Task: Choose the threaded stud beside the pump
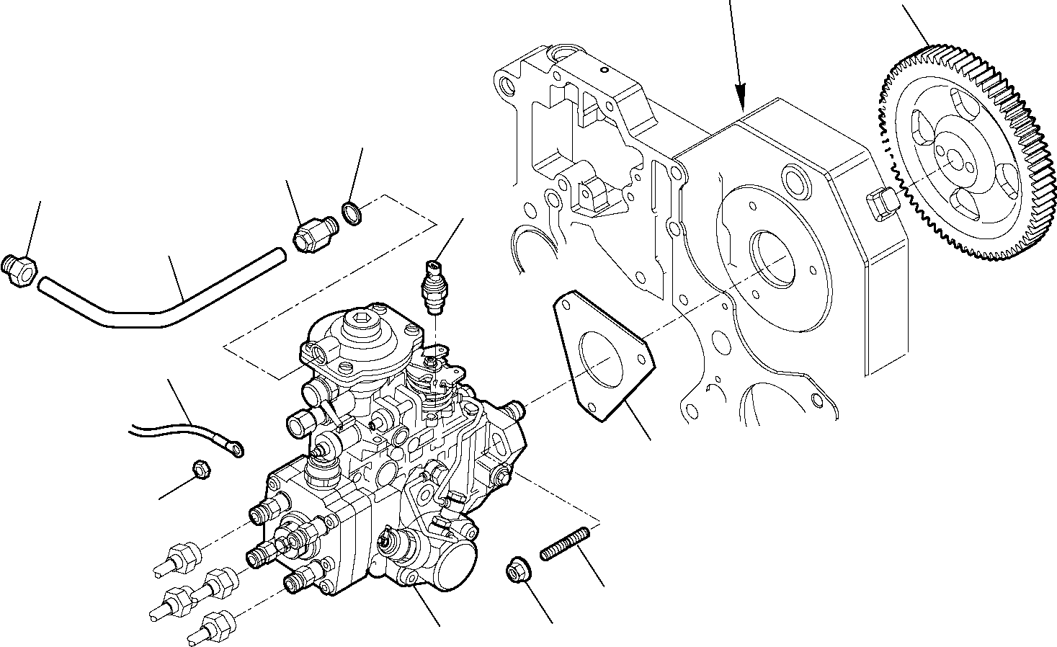(x=566, y=543)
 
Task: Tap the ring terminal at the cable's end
(x=234, y=450)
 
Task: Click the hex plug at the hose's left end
(x=19, y=270)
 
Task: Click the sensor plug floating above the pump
(x=435, y=286)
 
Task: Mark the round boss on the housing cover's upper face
(x=795, y=178)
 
